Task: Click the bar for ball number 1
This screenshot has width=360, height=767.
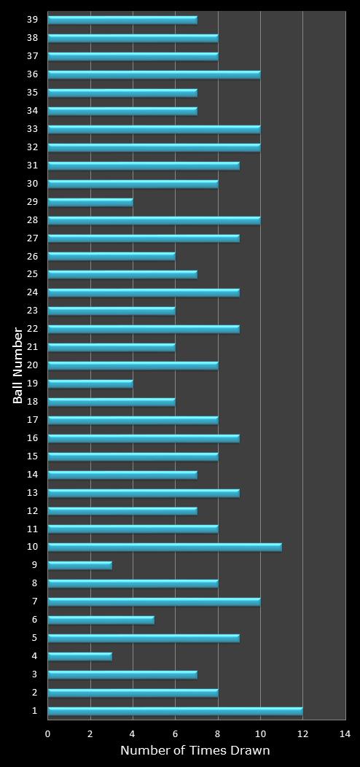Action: pyautogui.click(x=175, y=711)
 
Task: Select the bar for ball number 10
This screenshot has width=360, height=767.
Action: pyautogui.click(x=165, y=547)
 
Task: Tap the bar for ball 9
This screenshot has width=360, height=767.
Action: pyautogui.click(x=80, y=565)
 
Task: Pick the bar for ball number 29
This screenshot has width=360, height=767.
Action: pyautogui.click(x=90, y=202)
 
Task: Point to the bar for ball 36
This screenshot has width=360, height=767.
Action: pyautogui.click(x=154, y=74)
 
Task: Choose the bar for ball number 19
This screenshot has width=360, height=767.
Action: pyautogui.click(x=90, y=383)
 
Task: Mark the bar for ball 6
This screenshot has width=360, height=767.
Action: pyautogui.click(x=101, y=620)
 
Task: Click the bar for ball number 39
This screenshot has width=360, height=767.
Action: pyautogui.click(x=122, y=20)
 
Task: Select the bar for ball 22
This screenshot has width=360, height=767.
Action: pyautogui.click(x=144, y=329)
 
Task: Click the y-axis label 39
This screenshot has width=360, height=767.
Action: pyautogui.click(x=33, y=20)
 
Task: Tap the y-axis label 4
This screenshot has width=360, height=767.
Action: pyautogui.click(x=35, y=656)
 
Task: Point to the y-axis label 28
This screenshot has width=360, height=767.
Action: pyautogui.click(x=33, y=219)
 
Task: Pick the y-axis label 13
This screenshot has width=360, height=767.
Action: pyautogui.click(x=33, y=492)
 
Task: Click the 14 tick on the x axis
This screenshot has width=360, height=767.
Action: pyautogui.click(x=345, y=733)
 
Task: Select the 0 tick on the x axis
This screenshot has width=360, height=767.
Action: pyautogui.click(x=48, y=733)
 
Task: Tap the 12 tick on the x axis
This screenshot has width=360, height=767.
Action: pyautogui.click(x=302, y=733)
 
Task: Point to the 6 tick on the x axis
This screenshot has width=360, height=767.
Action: pyautogui.click(x=175, y=733)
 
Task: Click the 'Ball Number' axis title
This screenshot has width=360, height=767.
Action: pyautogui.click(x=18, y=365)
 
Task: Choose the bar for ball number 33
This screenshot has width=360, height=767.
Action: pyautogui.click(x=154, y=129)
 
